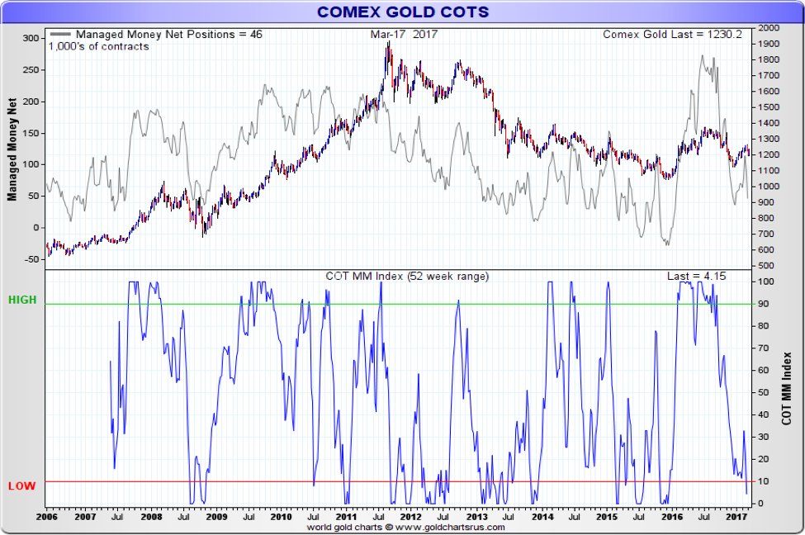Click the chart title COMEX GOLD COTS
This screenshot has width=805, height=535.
(403, 12)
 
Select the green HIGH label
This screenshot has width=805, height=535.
(22, 301)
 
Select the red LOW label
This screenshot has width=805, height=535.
(22, 485)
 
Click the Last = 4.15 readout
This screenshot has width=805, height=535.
(696, 276)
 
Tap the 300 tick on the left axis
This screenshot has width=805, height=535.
(31, 39)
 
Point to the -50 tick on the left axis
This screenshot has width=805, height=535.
(31, 259)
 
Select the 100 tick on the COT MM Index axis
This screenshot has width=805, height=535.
(767, 282)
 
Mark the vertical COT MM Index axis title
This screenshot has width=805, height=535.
(787, 388)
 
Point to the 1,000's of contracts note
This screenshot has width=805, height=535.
(98, 46)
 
